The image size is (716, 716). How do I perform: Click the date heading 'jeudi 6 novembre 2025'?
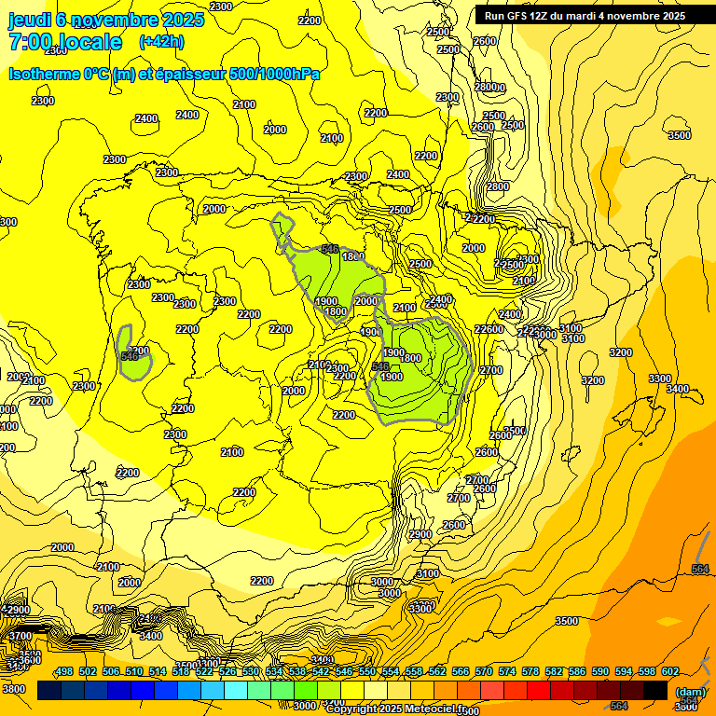coord(106,20)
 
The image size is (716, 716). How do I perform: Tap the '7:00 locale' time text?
coord(65,42)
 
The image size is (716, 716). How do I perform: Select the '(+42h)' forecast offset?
coord(161,42)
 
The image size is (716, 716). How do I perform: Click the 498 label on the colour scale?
coord(64,672)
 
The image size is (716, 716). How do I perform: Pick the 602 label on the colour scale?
coord(670,672)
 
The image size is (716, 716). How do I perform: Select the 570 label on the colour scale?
coord(484,672)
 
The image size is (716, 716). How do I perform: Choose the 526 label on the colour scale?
coord(227,672)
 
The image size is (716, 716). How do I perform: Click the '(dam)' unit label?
coord(691,692)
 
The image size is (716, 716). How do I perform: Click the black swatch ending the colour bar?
coord(655,691)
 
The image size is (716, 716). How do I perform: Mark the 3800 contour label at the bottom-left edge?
coord(13,689)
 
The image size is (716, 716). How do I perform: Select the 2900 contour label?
coord(18,610)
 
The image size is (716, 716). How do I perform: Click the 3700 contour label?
coord(18,636)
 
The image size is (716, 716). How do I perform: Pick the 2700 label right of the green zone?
coord(491,370)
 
